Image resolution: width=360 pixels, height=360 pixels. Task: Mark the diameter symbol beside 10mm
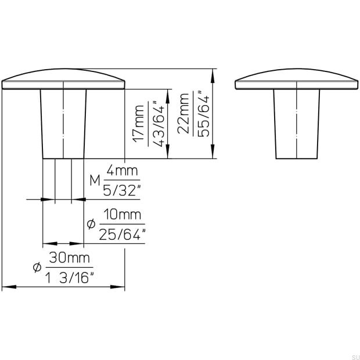click(90, 224)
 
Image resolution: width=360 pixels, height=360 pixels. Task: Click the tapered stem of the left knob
click(64, 124)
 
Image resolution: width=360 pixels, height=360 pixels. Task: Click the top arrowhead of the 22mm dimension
click(214, 73)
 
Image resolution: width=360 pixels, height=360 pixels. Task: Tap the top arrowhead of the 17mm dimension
click(168, 93)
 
